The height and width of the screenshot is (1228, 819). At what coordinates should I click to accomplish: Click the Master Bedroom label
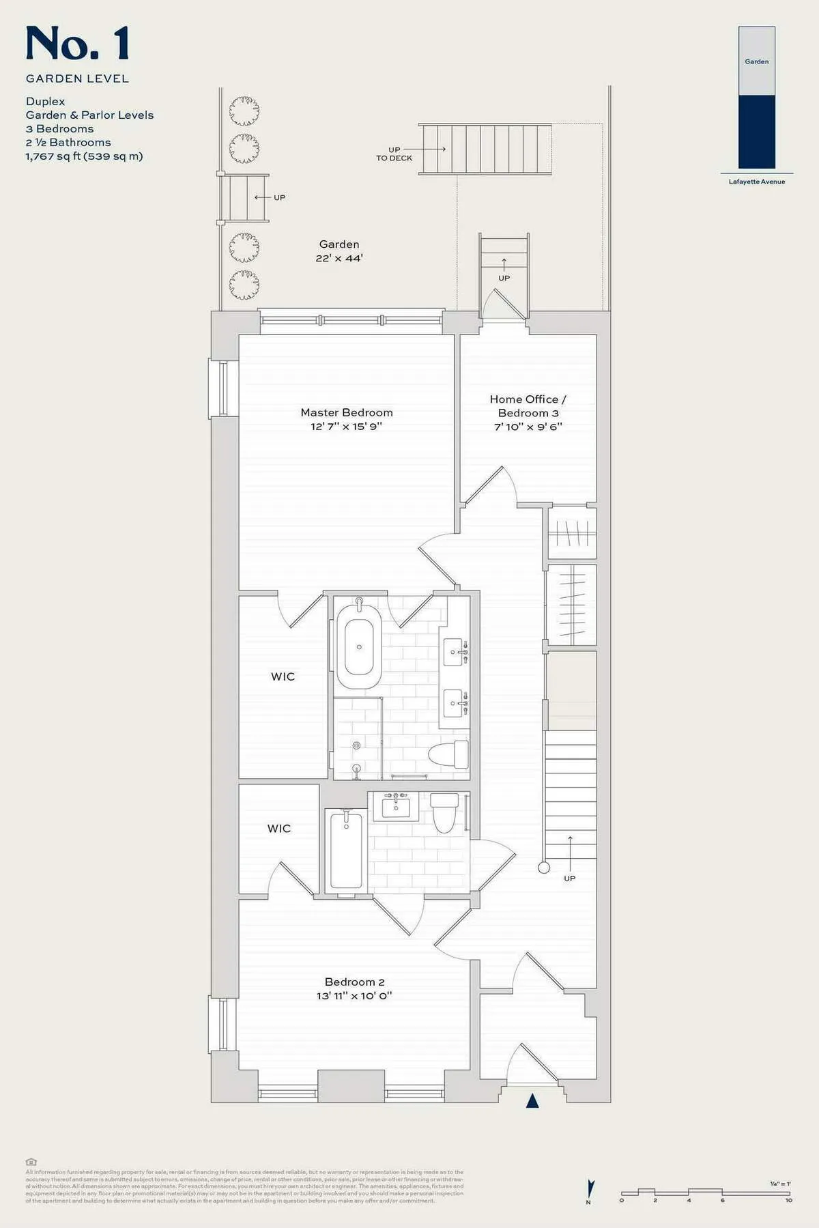click(347, 412)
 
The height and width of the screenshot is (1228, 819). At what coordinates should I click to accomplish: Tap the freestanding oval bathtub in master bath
click(359, 646)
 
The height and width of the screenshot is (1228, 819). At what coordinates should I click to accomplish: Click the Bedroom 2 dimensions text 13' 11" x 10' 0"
click(354, 995)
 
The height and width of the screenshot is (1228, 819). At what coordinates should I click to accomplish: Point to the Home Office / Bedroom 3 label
click(528, 405)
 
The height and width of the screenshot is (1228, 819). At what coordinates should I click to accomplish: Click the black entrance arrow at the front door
click(532, 1101)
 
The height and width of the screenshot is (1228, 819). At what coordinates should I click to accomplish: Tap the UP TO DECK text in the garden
click(394, 154)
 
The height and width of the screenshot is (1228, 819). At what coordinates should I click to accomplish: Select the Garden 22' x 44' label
click(339, 251)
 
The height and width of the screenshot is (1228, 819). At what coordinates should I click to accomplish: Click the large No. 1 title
click(77, 44)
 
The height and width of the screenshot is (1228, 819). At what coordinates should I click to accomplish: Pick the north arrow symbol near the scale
click(591, 1188)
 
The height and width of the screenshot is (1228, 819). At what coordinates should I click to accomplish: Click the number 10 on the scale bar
click(788, 1200)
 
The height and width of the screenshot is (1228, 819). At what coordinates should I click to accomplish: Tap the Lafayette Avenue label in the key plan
click(756, 182)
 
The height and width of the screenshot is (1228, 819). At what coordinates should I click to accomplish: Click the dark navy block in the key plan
click(756, 131)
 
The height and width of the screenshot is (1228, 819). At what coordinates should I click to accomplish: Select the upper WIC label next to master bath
click(283, 676)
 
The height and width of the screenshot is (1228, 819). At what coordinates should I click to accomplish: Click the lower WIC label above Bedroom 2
click(278, 828)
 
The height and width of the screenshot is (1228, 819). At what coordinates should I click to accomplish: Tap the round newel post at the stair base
click(544, 868)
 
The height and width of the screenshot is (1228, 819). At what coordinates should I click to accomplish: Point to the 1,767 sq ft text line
click(84, 156)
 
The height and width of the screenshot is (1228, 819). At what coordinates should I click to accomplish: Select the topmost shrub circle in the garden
click(244, 111)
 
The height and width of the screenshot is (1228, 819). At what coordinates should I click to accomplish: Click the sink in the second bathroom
click(396, 807)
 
